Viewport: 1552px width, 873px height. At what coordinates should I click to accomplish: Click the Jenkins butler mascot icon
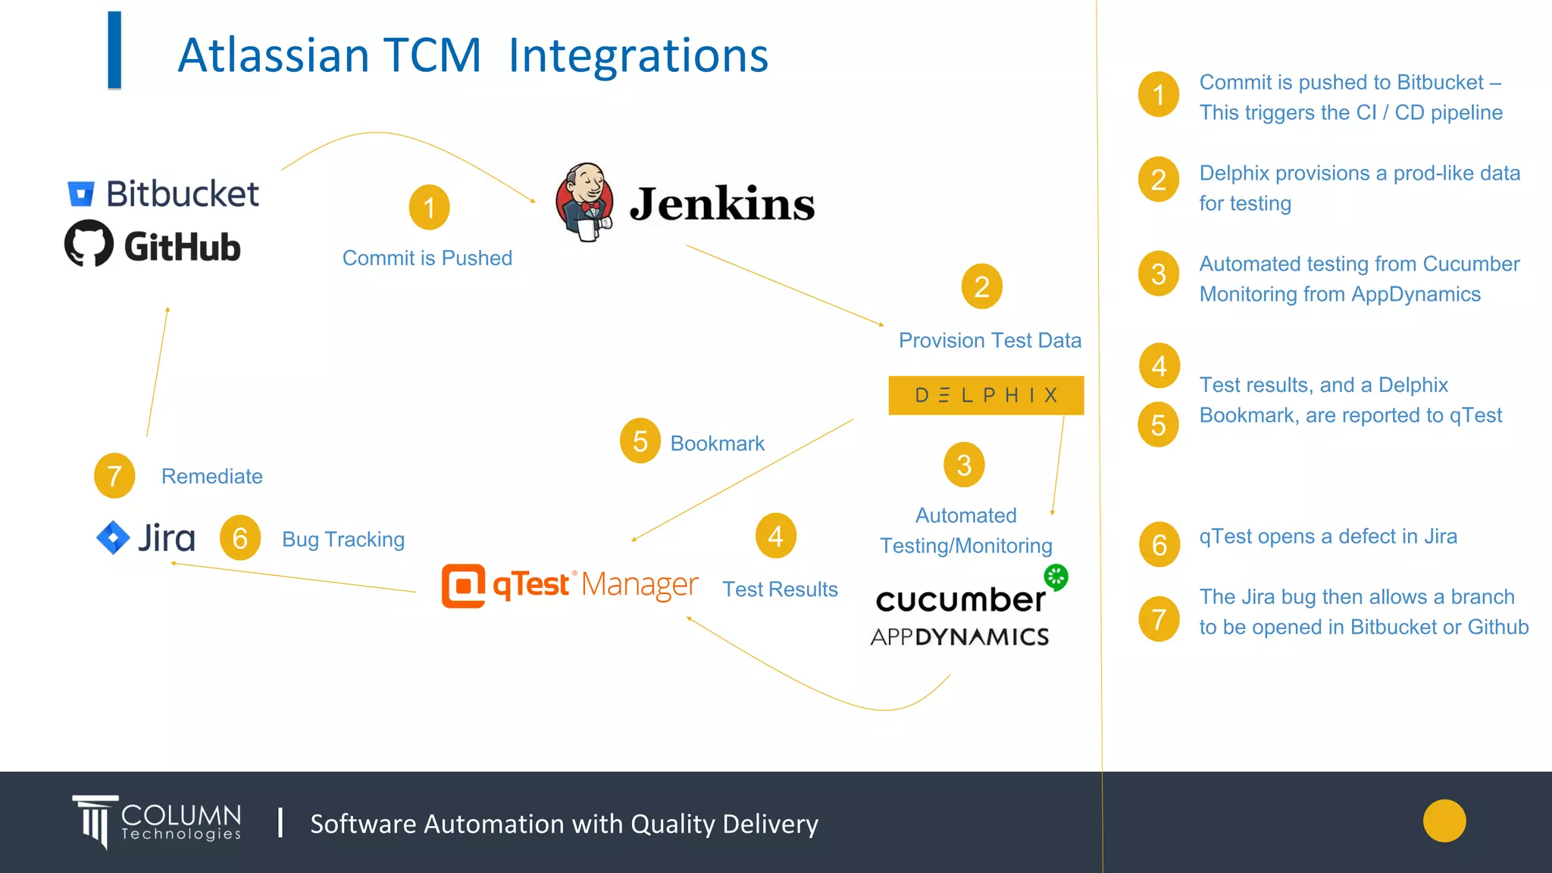[584, 202]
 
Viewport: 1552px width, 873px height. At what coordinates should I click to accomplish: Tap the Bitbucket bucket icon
[81, 194]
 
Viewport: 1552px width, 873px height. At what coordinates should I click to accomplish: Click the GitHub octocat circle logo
[89, 243]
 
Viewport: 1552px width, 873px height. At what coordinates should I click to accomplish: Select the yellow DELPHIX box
[986, 395]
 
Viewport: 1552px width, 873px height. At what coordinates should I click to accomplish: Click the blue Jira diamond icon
[113, 537]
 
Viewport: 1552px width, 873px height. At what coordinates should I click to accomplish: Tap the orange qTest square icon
[463, 586]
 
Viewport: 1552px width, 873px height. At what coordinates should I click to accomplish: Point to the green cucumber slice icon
[1056, 577]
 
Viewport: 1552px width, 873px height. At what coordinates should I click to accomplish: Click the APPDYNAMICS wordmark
[959, 637]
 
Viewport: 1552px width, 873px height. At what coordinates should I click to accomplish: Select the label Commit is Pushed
[427, 258]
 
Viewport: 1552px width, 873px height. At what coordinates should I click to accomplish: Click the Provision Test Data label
[990, 340]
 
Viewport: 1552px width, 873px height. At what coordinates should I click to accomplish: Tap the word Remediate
[212, 477]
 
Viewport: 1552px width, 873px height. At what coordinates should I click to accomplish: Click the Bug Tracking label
[343, 540]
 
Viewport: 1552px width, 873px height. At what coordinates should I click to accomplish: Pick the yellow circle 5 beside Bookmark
[640, 441]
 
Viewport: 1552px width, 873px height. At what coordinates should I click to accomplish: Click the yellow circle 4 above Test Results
[775, 537]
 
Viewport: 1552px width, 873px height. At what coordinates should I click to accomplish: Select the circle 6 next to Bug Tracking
[240, 538]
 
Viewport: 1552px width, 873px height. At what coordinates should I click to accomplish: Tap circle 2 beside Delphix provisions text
[1159, 180]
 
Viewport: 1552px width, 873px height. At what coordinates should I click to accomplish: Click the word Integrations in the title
[638, 55]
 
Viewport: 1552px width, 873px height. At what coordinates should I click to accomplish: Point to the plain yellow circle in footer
[1444, 821]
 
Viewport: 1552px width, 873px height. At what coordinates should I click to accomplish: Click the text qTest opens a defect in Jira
[1328, 537]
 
